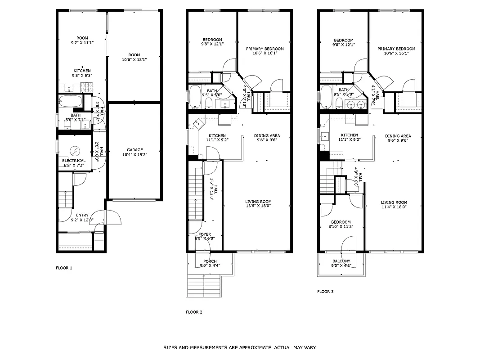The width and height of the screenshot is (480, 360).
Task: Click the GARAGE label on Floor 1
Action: coord(135,150)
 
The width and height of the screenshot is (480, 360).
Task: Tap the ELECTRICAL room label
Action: coord(74,161)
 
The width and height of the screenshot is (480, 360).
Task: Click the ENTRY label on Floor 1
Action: coord(82,215)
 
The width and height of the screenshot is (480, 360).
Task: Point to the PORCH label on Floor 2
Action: coord(210,261)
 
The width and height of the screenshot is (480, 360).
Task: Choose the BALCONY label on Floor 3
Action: coord(341,261)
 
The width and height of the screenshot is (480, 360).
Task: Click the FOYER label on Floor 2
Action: coord(205,234)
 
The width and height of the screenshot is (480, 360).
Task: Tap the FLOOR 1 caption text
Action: coord(64,268)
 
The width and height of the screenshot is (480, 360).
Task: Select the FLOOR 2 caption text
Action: coord(194,312)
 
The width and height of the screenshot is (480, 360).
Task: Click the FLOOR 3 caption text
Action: coord(325,292)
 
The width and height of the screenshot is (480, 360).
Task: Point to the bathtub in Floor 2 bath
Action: coord(195,97)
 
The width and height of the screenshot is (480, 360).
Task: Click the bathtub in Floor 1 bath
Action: coord(71,101)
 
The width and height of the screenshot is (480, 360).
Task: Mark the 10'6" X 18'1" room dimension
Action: coord(134,59)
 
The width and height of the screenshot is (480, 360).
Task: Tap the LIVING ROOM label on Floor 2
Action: coord(258,202)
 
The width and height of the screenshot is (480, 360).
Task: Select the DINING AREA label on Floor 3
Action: coord(398,136)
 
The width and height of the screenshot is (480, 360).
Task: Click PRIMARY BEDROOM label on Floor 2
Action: coord(265,49)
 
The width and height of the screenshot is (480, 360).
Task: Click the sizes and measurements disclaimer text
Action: coord(239,347)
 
